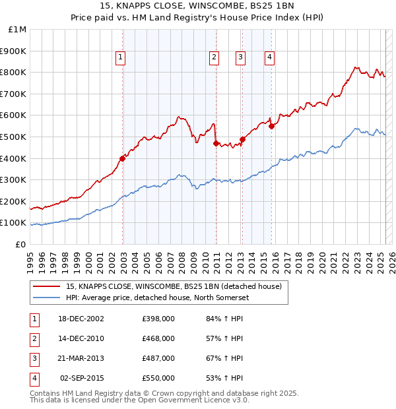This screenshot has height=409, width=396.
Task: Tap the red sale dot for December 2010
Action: [x=216, y=143]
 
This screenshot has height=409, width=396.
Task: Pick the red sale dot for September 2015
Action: [x=272, y=126]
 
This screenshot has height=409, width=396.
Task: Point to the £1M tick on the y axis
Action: [x=18, y=30]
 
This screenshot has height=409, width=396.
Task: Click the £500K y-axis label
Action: [x=14, y=137]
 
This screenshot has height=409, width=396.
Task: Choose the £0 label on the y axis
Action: [x=21, y=244]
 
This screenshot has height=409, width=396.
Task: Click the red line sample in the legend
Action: [x=45, y=286]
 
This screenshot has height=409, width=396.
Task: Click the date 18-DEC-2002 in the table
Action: [x=81, y=319]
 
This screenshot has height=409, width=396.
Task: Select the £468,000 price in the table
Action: [x=158, y=339]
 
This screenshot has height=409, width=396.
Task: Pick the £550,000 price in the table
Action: [x=158, y=379]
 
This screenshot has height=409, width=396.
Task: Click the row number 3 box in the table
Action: [x=32, y=359]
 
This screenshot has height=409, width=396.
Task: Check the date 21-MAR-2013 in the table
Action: [x=81, y=359]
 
